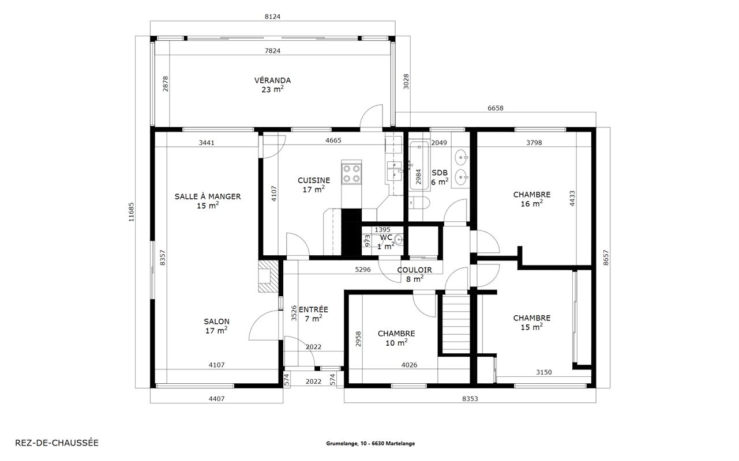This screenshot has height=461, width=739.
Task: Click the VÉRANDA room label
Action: click(272, 81)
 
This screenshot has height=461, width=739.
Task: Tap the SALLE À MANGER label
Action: click(208, 197)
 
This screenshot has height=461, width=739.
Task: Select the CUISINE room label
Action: click(314, 180)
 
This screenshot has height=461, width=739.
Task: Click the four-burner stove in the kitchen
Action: click(351, 173)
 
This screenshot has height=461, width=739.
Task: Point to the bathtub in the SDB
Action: click(419, 166)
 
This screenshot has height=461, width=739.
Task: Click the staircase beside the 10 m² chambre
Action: click(456, 324)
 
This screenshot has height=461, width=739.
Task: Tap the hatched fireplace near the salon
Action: click(268, 277)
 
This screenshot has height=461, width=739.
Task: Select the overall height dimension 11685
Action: click(132, 212)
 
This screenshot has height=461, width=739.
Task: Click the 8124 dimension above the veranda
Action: click(272, 17)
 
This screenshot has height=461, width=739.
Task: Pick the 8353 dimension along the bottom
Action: click(470, 399)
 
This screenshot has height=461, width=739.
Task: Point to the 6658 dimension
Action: click(496, 108)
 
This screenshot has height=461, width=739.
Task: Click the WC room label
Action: click(386, 237)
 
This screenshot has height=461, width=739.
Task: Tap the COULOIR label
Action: click(414, 270)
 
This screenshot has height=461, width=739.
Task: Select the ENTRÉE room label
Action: click(313, 310)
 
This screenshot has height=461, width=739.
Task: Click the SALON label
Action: click(216, 322)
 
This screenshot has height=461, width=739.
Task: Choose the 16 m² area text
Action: click(532, 203)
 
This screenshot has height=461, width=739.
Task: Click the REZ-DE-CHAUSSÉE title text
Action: click(57, 443)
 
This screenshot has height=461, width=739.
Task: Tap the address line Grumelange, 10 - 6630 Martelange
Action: click(370, 444)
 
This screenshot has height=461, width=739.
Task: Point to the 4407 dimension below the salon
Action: click(216, 399)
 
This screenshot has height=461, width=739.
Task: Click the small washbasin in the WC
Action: click(399, 240)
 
